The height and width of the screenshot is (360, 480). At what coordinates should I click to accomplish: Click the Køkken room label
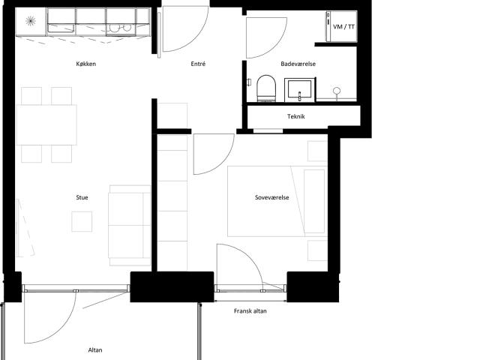pos(86,64)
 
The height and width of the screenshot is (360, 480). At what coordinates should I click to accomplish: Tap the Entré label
pos(198,64)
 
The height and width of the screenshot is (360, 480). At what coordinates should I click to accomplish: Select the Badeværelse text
pos(298,64)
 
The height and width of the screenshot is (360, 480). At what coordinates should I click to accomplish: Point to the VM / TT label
pos(343,27)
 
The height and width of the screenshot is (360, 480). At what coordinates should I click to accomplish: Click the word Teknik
pos(296,116)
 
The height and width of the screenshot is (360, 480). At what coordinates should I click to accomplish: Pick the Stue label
pos(82,197)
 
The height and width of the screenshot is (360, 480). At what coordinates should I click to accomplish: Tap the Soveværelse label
pos(271,197)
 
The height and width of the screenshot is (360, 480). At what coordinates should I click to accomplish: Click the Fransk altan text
pos(250,311)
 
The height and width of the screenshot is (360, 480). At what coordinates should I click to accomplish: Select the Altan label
pos(95,350)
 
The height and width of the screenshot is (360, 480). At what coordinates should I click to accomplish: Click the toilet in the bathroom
pos(266,88)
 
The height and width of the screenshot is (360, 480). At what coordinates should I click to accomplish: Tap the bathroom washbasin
pos(299,89)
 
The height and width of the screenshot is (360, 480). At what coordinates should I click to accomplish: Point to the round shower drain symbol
pos(337,90)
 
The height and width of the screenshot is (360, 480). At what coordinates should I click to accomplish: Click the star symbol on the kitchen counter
pos(30,21)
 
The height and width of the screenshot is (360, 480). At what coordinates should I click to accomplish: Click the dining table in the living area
pos(46,125)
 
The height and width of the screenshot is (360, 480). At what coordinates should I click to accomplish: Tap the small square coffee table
pos(82,221)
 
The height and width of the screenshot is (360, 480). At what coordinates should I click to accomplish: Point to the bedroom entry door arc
pos(223,161)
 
